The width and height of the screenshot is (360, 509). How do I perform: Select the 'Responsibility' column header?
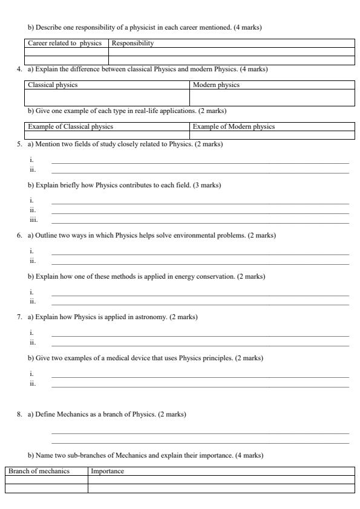(133, 44)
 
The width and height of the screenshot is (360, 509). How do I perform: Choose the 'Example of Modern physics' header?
(234, 126)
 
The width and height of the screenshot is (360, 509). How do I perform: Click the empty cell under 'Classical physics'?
(107, 97)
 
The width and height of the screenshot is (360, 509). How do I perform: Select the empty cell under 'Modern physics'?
(272, 97)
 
